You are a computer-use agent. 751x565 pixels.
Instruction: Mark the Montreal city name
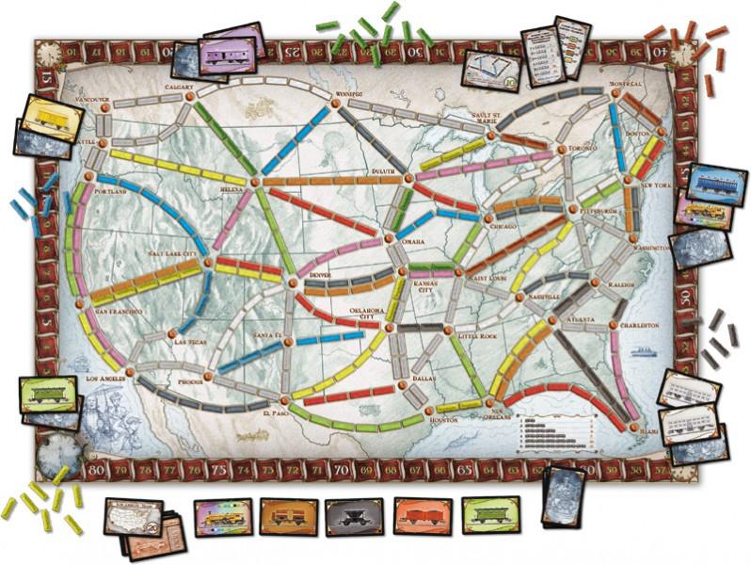tap(625, 83)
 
